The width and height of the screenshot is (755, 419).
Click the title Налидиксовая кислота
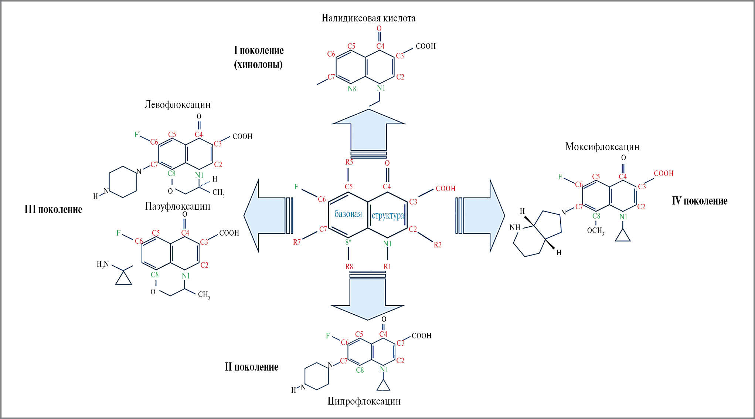(368, 18)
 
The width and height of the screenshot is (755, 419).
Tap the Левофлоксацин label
(177, 105)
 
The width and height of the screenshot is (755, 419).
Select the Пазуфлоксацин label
(177, 206)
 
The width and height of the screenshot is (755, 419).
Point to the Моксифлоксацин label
(602, 147)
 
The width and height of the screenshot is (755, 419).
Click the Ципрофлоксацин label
(364, 401)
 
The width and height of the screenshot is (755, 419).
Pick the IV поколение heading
(699, 201)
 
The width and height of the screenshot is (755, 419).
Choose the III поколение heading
(53, 209)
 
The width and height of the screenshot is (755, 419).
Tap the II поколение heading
(251, 367)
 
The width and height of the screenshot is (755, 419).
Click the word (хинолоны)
(258, 65)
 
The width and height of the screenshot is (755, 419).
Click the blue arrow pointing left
(266, 216)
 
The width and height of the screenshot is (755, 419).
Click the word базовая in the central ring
(348, 214)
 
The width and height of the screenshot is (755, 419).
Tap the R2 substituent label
(438, 244)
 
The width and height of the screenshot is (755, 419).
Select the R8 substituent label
(349, 266)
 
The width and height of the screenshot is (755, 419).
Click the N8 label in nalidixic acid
(352, 89)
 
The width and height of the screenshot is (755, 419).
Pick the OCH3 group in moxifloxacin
(595, 231)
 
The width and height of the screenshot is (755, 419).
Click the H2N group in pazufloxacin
(103, 264)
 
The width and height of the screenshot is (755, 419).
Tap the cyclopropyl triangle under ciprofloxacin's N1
(384, 386)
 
